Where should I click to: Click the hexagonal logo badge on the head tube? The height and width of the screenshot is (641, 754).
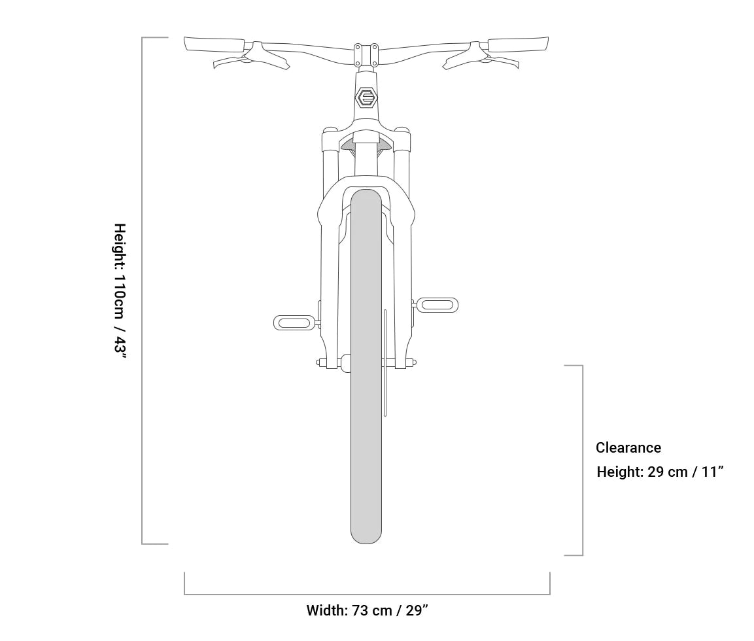pyautogui.click(x=366, y=97)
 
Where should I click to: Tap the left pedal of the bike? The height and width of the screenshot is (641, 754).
pyautogui.click(x=294, y=322)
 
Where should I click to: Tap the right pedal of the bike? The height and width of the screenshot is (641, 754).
pyautogui.click(x=437, y=305)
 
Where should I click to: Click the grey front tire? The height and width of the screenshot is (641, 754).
pyautogui.click(x=366, y=366)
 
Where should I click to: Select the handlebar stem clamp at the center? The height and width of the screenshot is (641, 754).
pyautogui.click(x=366, y=56)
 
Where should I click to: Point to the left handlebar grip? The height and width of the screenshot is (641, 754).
pyautogui.click(x=214, y=44)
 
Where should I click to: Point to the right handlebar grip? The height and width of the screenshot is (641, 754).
pyautogui.click(x=519, y=44)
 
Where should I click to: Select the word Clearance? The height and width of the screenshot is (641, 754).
pyautogui.click(x=628, y=447)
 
